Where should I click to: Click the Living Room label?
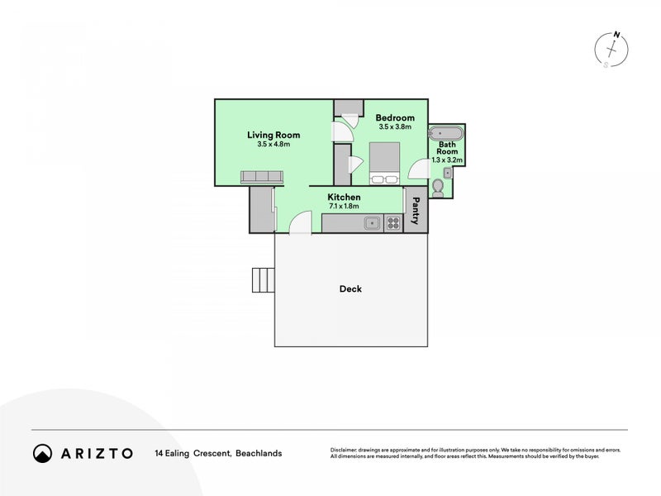(x=273, y=135)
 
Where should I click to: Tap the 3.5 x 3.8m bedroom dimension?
(x=395, y=126)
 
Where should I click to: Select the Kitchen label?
(x=344, y=197)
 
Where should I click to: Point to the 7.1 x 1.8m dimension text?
(x=344, y=206)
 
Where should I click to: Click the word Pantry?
(x=416, y=211)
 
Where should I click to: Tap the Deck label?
(x=350, y=289)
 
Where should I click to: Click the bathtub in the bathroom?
(x=445, y=133)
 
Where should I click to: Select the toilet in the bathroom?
(x=438, y=188)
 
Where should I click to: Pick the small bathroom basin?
(x=447, y=173)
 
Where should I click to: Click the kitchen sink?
(x=373, y=223)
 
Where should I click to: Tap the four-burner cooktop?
(x=393, y=223)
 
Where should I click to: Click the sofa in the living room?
(x=262, y=177)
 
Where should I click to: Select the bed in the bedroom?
(x=384, y=163)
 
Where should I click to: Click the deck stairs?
(x=264, y=280)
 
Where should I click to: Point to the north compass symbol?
(x=611, y=50)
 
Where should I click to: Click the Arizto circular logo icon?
(x=43, y=453)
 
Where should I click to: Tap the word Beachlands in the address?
(x=259, y=453)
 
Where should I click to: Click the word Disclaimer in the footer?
(x=344, y=450)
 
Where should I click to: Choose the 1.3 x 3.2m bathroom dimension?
(x=447, y=160)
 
